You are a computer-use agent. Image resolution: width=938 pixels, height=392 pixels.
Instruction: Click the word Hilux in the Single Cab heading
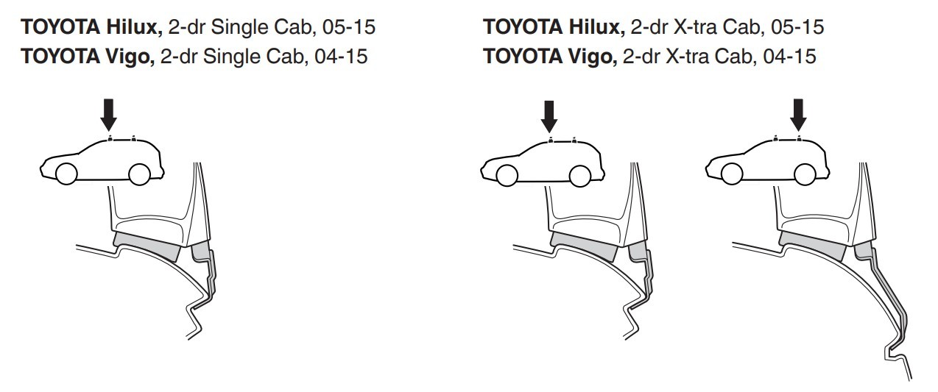pos(134,27)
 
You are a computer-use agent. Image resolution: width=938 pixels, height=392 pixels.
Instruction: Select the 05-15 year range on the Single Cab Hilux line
pos(349,27)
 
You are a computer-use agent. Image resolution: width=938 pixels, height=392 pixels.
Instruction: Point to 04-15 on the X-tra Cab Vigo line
pos(789,57)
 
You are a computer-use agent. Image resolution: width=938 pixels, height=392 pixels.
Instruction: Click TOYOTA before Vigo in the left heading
pos(60,57)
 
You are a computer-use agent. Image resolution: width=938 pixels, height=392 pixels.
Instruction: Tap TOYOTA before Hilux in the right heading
pos(523,27)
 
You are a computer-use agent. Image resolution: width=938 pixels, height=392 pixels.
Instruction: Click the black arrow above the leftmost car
pos(108,115)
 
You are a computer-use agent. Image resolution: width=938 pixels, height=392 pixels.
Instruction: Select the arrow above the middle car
pos(549,117)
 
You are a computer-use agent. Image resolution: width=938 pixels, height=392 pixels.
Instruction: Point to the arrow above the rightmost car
pos(798,115)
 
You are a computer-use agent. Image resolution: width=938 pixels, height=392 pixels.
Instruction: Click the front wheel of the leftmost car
pos(66,174)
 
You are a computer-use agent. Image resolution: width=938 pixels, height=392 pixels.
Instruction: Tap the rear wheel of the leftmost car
pos(139,174)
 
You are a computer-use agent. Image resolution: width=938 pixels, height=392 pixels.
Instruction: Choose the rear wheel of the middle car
pos(580,176)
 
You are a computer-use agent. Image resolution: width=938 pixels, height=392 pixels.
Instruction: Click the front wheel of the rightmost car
pos(732,174)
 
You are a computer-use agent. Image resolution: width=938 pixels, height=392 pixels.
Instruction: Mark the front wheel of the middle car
pos(507,175)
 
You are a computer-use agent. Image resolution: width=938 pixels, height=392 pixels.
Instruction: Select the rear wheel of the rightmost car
pos(805,174)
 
